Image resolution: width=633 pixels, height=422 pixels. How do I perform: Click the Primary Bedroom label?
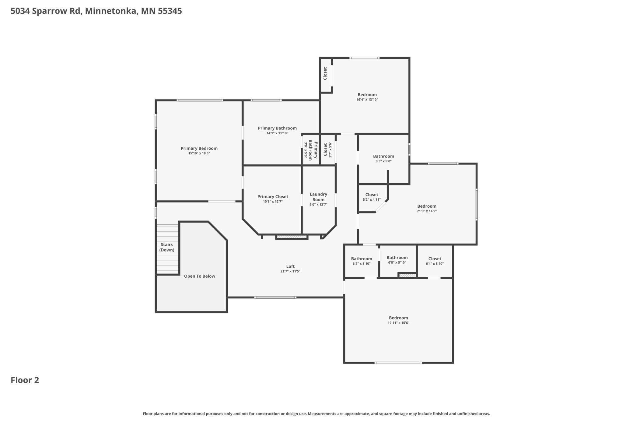point(199,148)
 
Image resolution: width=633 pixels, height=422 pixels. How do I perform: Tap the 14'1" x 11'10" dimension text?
point(277,133)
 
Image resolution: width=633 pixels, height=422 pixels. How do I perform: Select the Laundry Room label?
point(318,197)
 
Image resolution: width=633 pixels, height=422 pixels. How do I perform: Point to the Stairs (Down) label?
point(167,247)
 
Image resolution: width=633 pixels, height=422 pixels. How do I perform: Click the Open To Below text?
point(199,276)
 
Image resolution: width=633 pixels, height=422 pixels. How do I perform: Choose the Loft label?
point(290,266)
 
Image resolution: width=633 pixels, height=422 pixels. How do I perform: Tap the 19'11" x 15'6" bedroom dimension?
point(398,323)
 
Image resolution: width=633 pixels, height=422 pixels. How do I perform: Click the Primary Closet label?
point(273,196)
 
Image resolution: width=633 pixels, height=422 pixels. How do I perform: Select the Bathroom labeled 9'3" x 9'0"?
point(383,156)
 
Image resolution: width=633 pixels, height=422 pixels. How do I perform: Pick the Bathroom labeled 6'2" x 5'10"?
point(361,259)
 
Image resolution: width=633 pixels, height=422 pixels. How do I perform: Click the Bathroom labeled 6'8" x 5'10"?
point(397,258)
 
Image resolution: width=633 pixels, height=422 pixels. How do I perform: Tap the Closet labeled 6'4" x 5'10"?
point(435,259)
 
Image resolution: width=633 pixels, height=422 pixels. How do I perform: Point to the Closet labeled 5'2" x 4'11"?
point(372,195)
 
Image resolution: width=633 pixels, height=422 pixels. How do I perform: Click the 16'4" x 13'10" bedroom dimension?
point(367,100)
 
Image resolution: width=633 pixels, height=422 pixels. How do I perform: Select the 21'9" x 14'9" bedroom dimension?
point(427,211)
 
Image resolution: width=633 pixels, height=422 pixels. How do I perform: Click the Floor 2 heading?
point(25,380)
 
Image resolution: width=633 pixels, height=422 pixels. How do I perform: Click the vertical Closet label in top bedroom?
point(325,74)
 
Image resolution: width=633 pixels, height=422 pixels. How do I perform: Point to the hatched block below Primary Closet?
point(292,237)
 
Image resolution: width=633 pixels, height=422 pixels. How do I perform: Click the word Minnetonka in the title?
point(111,11)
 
